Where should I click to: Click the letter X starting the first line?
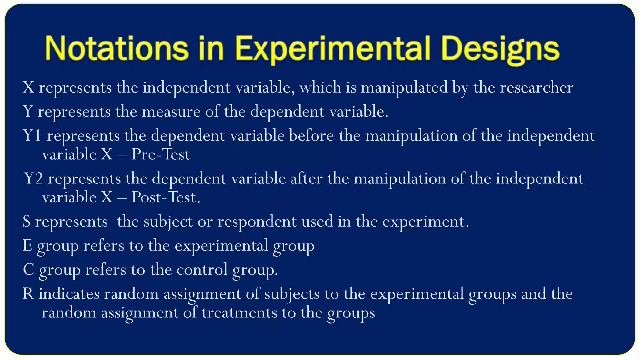(x=28, y=87)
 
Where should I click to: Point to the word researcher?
(x=537, y=87)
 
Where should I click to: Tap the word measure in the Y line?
(x=171, y=112)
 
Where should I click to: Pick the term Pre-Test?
(x=161, y=154)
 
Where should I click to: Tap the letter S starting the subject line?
(x=27, y=222)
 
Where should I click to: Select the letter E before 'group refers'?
(x=27, y=246)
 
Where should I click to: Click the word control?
(x=202, y=270)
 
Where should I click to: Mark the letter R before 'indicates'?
(x=28, y=294)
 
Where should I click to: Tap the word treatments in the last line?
(x=239, y=312)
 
